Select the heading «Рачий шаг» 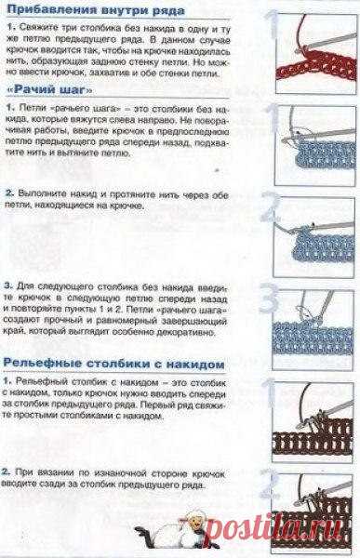pos(49,89)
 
